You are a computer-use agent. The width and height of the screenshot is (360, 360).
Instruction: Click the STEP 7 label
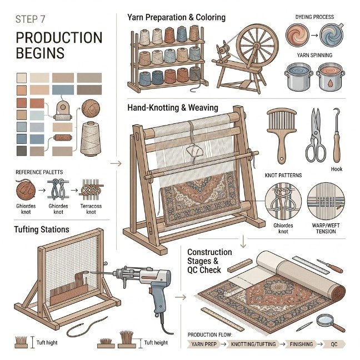pos(30,19)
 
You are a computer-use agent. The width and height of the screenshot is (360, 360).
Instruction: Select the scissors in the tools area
pos(316,135)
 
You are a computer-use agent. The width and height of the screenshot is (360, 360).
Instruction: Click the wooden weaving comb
pos(282,136)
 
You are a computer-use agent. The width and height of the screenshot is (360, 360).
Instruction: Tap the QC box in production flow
pos(334,344)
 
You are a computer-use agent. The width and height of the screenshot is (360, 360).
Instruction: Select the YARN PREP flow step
pos(204,344)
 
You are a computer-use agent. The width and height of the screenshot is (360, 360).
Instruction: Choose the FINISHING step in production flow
pos(301,344)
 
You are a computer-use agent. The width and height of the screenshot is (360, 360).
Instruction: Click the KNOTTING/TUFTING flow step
pos(253,344)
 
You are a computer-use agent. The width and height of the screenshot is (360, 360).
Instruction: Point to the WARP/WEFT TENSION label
pos(326,228)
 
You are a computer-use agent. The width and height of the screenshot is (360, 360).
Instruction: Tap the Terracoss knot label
pos(91,209)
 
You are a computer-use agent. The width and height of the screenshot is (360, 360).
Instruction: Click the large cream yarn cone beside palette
pos(91,139)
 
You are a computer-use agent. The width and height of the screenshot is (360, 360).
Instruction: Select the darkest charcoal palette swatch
pos(22,151)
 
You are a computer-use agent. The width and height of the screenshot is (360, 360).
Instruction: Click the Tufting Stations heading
pos(42,229)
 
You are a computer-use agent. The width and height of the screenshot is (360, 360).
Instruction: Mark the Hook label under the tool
pos(337,169)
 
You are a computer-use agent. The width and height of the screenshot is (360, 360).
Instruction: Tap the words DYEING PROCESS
pos(314,17)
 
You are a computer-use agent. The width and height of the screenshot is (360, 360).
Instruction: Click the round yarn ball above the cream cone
pos(91,108)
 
